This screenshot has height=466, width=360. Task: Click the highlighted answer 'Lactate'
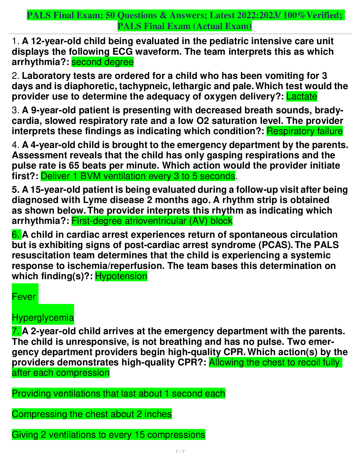pyautogui.click(x=301, y=96)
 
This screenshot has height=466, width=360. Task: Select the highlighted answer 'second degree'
pyautogui.click(x=102, y=62)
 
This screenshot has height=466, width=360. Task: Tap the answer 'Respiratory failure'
pyautogui.click(x=304, y=131)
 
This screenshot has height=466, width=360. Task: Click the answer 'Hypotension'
pyautogui.click(x=121, y=276)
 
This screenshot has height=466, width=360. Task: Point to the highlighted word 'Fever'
pyautogui.click(x=24, y=297)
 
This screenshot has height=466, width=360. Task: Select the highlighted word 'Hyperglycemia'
pyautogui.click(x=43, y=318)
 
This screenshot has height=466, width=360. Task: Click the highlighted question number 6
pyautogui.click(x=16, y=235)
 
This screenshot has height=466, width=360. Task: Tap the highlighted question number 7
pyautogui.click(x=16, y=331)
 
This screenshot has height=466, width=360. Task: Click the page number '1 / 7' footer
pyautogui.click(x=180, y=452)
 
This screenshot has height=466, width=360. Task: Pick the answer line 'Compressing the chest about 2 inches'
pyautogui.click(x=92, y=414)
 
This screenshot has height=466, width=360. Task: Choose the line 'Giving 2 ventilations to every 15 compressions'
pyautogui.click(x=109, y=435)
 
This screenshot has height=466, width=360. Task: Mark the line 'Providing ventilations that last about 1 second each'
pyautogui.click(x=119, y=394)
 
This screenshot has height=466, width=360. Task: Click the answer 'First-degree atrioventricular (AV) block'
pyautogui.click(x=152, y=221)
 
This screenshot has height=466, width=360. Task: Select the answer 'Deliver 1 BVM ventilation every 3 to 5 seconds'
pyautogui.click(x=138, y=176)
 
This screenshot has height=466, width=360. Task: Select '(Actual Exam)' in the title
pyautogui.click(x=222, y=26)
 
